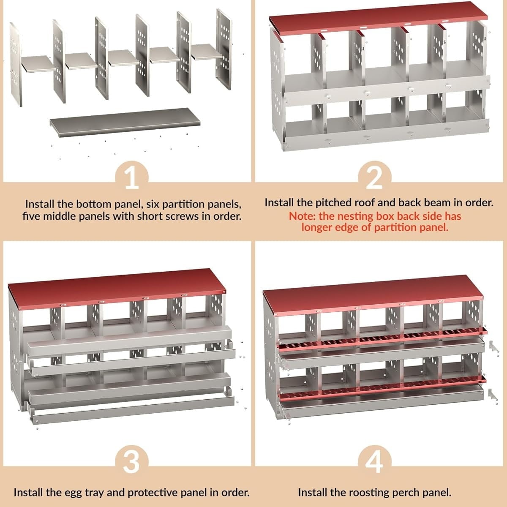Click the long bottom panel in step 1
click(x=125, y=122)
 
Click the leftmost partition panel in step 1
click(x=16, y=65)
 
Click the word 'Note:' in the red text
click(x=302, y=216)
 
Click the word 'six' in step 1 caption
click(x=153, y=204)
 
